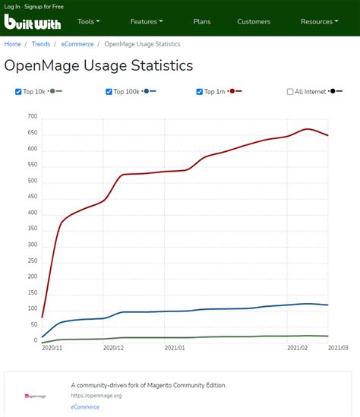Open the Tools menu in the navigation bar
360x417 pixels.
89,22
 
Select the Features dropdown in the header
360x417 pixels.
147,22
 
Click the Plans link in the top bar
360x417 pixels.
202,22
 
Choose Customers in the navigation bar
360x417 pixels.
254,22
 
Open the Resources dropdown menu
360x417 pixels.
319,22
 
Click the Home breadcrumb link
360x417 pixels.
13,44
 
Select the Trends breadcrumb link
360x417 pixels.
41,44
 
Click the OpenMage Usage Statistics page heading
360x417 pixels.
99,66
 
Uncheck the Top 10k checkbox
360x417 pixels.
19,92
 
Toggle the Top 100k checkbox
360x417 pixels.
109,92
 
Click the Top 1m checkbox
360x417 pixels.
200,92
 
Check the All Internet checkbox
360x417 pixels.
290,92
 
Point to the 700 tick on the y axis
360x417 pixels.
32,117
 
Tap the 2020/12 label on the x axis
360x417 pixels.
113,348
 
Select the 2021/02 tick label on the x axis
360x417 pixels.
297,348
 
